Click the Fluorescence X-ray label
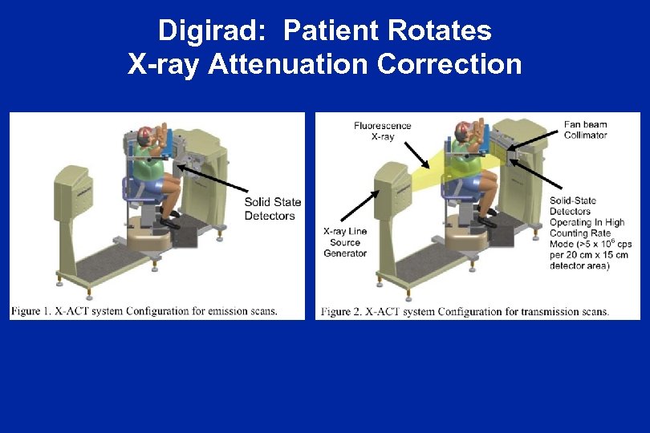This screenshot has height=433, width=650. pyautogui.click(x=382, y=131)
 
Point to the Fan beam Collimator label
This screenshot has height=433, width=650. pyautogui.click(x=585, y=130)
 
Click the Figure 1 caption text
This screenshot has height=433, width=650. pyautogui.click(x=145, y=311)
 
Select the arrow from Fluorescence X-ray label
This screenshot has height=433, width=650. pyautogui.click(x=416, y=154)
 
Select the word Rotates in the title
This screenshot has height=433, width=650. pyautogui.click(x=440, y=30)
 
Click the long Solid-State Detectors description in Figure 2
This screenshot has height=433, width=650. pyautogui.click(x=589, y=233)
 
